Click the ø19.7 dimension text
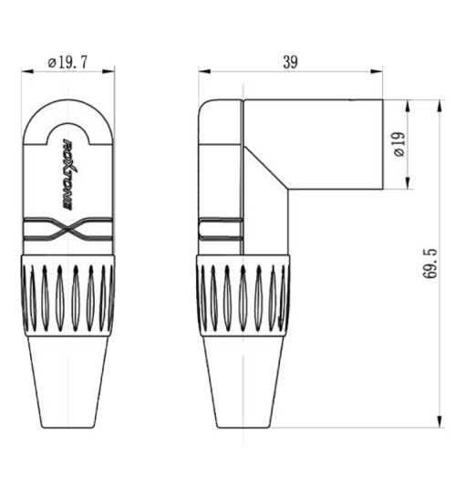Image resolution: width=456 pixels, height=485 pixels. [x=68, y=62]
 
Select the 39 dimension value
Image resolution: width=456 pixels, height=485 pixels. [x=289, y=62]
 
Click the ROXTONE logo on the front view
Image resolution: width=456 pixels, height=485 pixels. [x=68, y=173]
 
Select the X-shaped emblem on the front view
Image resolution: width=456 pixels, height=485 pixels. [x=68, y=232]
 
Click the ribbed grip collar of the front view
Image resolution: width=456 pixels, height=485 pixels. [x=68, y=297]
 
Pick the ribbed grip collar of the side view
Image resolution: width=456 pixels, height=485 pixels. [x=243, y=297]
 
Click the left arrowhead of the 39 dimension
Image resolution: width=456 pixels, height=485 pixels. [x=202, y=70]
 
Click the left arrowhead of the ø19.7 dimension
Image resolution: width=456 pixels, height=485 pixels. [x=27, y=70]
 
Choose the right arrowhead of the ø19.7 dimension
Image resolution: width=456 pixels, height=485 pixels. [x=110, y=70]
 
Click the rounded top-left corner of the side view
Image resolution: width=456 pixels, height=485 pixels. [x=205, y=106]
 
